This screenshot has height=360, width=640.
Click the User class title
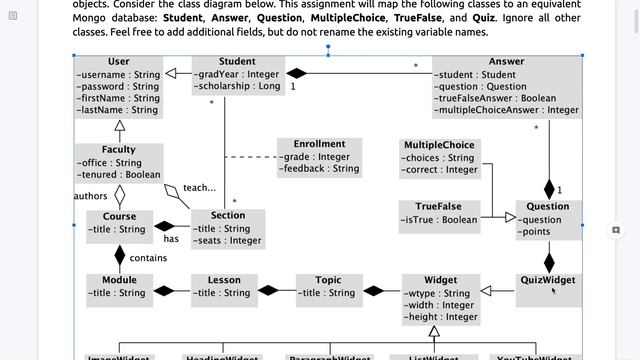click(x=118, y=62)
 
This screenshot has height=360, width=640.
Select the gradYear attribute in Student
click(x=238, y=74)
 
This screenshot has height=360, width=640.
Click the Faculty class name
click(x=118, y=150)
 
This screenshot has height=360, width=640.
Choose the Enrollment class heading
click(x=319, y=144)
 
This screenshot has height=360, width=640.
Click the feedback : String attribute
click(x=320, y=169)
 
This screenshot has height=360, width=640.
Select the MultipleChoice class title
click(x=438, y=145)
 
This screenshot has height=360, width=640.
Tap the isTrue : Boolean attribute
click(x=439, y=220)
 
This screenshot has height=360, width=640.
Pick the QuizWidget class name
click(x=547, y=280)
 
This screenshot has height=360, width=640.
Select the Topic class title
click(x=327, y=280)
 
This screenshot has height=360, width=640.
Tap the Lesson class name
click(x=223, y=280)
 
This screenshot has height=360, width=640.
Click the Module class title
click(x=118, y=280)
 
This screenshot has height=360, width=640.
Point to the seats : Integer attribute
click(x=229, y=241)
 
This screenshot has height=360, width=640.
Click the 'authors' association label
click(x=90, y=196)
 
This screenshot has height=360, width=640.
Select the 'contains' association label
click(x=148, y=258)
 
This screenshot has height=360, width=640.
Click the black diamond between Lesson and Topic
click(x=268, y=292)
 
